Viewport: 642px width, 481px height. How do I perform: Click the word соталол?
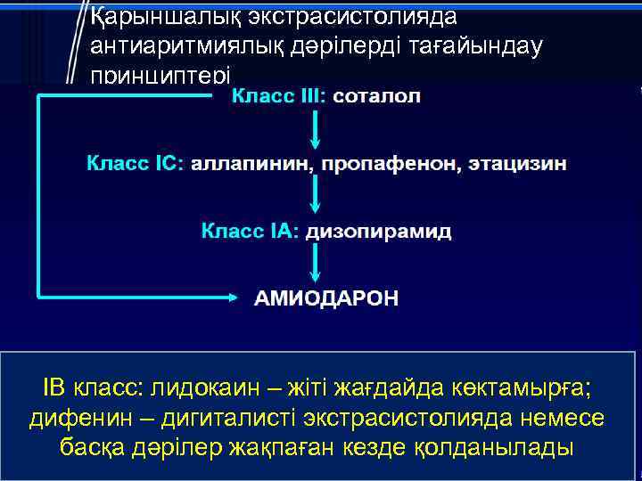tap(377, 96)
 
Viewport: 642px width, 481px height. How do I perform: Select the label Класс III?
tap(279, 96)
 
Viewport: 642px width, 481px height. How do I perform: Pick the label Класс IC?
tap(134, 164)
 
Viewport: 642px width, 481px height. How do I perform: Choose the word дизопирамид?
tap(378, 232)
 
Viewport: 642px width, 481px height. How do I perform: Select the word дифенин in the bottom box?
tap(70, 418)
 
